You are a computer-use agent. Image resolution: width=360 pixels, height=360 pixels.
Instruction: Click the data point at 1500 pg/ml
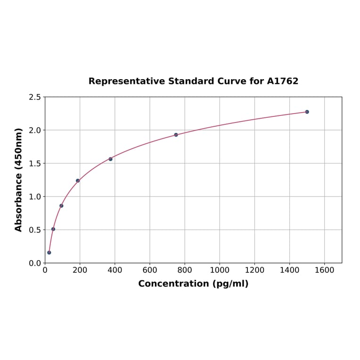[x=307, y=112]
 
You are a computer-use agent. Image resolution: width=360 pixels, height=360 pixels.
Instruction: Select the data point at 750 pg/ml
[x=176, y=135]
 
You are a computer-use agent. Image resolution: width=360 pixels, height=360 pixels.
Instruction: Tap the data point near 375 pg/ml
[x=110, y=159]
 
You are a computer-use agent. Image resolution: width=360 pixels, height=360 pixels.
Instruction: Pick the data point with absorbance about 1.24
[x=78, y=180]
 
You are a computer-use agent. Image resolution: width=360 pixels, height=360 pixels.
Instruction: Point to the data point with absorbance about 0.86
[x=61, y=205]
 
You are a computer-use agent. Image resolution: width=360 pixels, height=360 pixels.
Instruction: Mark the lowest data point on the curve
[x=49, y=253]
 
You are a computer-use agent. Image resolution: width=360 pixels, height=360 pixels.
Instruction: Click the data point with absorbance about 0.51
[x=53, y=229]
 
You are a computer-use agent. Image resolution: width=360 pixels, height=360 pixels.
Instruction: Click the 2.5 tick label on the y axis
[x=35, y=97]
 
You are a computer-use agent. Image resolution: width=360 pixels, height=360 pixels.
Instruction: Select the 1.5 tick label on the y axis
[x=35, y=164]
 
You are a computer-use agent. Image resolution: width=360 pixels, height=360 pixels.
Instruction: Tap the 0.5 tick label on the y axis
[x=35, y=230]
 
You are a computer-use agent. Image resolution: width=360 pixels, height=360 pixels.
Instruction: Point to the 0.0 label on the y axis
[x=35, y=263]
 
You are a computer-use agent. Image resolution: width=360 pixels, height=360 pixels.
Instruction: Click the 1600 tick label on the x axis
[x=324, y=270]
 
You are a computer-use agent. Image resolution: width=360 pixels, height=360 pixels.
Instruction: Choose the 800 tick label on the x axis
[x=185, y=270]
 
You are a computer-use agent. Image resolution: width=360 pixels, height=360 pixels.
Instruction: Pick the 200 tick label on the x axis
[x=80, y=270]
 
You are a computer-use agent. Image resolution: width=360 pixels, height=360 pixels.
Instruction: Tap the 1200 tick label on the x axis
[x=254, y=270]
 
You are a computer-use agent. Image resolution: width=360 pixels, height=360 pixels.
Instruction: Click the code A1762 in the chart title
[x=282, y=81]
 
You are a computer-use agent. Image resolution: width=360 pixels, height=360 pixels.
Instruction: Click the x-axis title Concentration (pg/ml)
[x=193, y=284]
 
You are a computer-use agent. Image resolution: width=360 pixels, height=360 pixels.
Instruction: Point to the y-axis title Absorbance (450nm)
[x=19, y=180]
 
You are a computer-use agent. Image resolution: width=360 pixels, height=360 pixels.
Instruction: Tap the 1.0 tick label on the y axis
[x=35, y=196]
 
